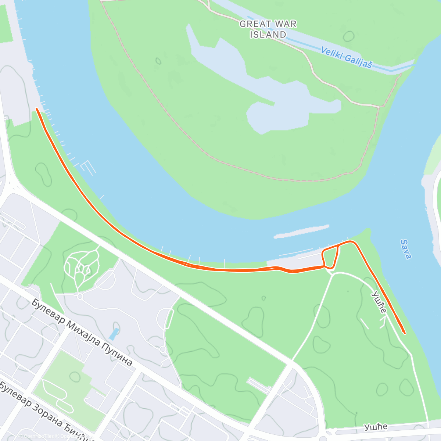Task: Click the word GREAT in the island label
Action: coord(254,24)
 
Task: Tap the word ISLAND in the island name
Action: coord(268,35)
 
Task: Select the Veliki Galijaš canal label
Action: coord(346,57)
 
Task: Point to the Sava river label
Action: coord(406,249)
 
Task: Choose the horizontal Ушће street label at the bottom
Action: coord(376,427)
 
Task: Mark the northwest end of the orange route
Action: coord(37,109)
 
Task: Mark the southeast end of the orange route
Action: coord(404,333)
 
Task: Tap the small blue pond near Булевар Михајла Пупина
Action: coord(114,334)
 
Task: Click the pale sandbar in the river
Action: coord(301,231)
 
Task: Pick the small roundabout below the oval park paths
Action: coord(80,296)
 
